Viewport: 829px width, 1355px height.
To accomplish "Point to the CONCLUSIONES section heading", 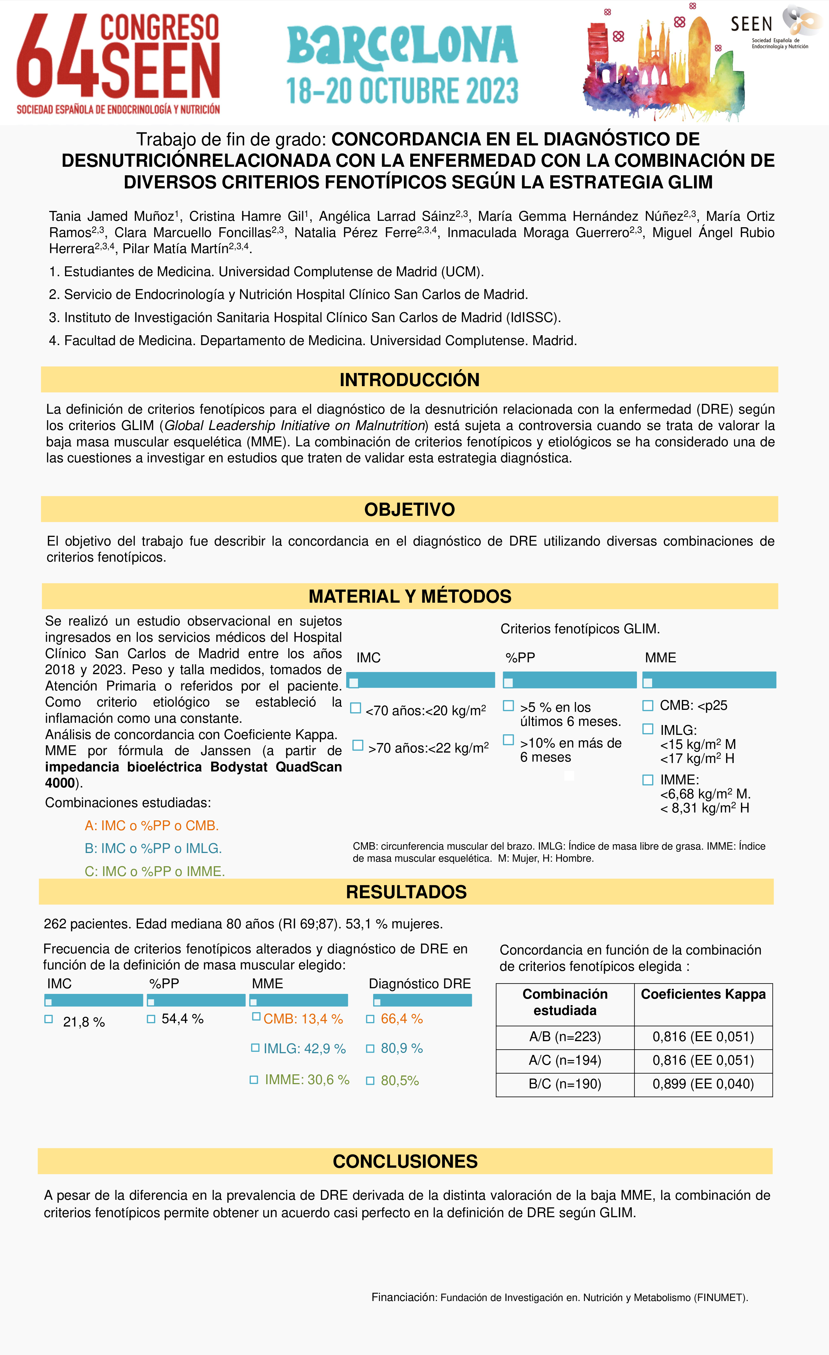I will tap(405, 1162).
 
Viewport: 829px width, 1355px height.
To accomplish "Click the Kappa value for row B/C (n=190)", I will tap(703, 1084).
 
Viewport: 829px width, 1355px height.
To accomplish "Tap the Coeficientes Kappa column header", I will tap(703, 994).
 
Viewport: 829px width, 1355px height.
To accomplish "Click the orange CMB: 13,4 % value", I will tap(303, 1019).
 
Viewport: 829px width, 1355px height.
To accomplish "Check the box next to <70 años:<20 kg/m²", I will tap(356, 708).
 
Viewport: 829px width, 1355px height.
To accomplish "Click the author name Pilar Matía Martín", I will tap(175, 249).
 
